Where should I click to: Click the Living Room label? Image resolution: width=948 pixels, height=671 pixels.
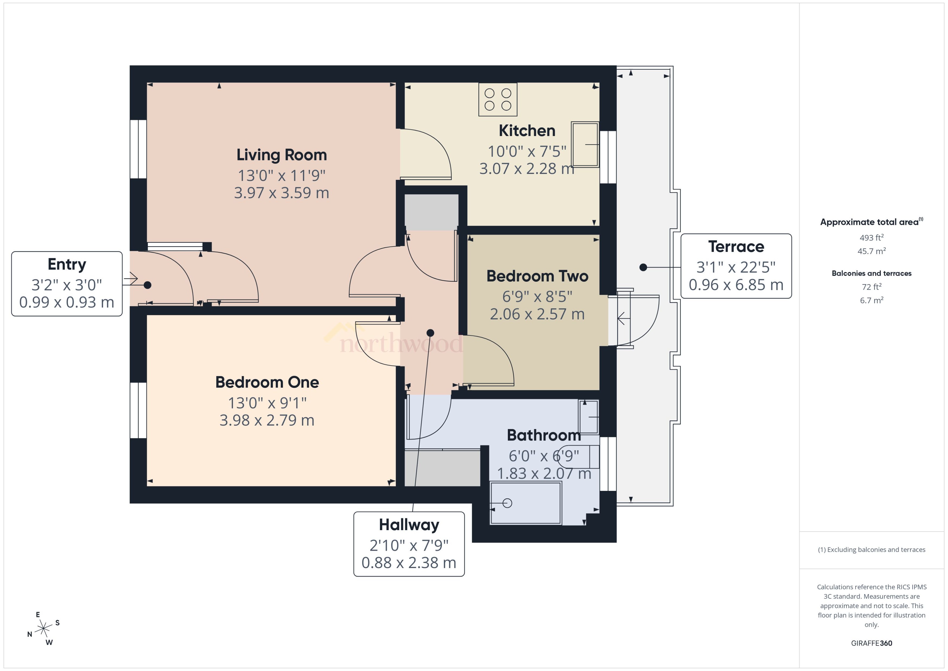tap(281, 155)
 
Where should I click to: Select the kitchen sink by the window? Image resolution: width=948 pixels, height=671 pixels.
tap(585, 144)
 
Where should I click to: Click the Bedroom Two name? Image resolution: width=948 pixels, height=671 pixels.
tap(537, 276)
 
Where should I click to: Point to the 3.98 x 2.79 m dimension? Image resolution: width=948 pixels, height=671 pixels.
tap(267, 420)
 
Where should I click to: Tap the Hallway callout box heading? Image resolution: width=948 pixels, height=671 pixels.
tap(409, 525)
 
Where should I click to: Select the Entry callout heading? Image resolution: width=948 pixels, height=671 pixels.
tap(67, 264)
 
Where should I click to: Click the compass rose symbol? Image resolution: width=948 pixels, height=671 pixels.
tap(43, 629)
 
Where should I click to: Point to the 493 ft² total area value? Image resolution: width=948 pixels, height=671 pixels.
tap(871, 238)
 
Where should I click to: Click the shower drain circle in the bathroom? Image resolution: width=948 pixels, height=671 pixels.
tap(507, 503)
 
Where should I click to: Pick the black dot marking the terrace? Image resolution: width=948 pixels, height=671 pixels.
tap(643, 267)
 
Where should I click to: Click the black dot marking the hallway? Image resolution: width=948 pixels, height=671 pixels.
tap(430, 333)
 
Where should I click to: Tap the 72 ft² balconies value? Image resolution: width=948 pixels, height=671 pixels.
tap(871, 287)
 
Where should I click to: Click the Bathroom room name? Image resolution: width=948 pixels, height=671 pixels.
tap(544, 435)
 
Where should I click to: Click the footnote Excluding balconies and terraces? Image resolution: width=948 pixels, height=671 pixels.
tap(871, 550)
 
